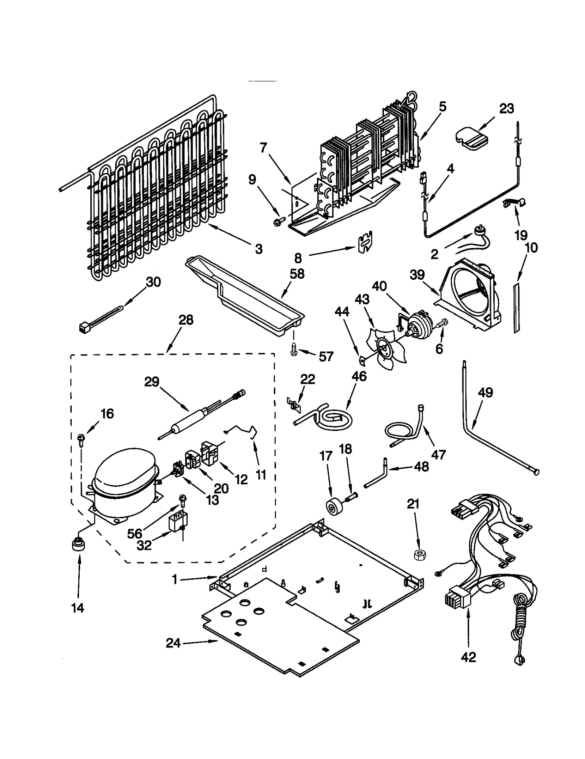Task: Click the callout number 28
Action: coord(186,320)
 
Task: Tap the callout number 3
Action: coord(258,249)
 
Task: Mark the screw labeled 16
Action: coord(81,439)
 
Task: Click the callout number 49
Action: coord(486,392)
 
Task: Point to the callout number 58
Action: coord(297,274)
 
